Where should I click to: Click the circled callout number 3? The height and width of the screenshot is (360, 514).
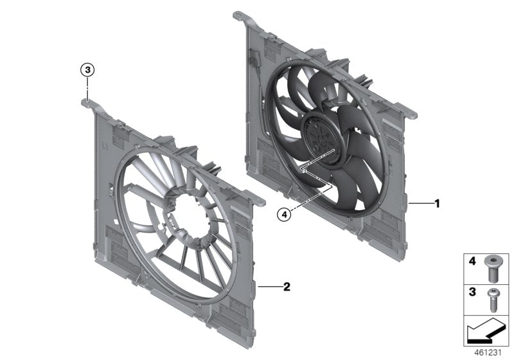[x=87, y=69]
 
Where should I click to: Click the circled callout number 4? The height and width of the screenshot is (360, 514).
[x=285, y=215]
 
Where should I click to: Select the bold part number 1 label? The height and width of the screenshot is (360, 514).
[x=437, y=204]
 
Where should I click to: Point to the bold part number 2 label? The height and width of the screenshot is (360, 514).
[x=287, y=287]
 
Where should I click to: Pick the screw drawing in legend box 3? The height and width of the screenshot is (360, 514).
[x=493, y=298]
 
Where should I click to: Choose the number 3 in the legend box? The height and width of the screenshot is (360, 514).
[x=471, y=292]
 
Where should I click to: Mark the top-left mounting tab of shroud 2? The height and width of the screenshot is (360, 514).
[x=87, y=101]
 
